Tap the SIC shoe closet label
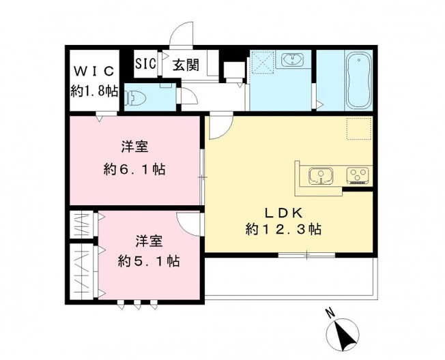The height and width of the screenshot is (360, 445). pos(146,64)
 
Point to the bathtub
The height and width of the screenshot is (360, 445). pos(357,81)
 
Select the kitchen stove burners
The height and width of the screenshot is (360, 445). pos(358,177)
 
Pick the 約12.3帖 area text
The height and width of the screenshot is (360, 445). pos(283,229)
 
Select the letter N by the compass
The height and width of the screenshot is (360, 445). pos(329,314)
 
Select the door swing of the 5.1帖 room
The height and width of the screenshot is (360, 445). pos(188,222)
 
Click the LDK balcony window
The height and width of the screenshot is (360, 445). pos(306,255)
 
